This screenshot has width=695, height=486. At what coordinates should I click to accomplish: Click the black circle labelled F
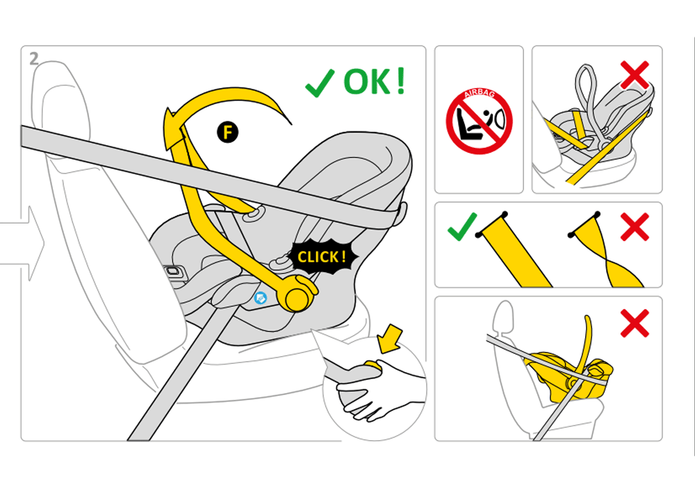click(x=227, y=133)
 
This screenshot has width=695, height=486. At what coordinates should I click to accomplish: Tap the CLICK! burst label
click(x=322, y=257)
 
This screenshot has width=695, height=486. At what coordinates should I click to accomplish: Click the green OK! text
click(x=375, y=81)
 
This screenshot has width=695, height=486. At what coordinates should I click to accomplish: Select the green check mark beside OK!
click(x=320, y=83)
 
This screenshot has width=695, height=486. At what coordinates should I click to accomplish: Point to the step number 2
click(x=34, y=59)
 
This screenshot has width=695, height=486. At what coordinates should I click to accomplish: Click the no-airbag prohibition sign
click(x=479, y=121)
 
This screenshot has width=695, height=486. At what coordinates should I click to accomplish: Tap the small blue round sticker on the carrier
click(x=261, y=298)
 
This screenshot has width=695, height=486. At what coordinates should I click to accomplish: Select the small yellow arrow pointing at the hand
click(x=389, y=339)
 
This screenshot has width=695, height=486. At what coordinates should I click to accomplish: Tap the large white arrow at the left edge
click(x=24, y=243)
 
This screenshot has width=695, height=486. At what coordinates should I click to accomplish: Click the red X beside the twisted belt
click(x=635, y=226)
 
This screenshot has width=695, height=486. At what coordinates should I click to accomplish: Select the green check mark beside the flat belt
click(x=462, y=226)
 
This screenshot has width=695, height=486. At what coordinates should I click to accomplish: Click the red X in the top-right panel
click(x=635, y=75)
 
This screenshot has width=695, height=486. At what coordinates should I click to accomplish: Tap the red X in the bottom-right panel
click(x=635, y=323)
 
